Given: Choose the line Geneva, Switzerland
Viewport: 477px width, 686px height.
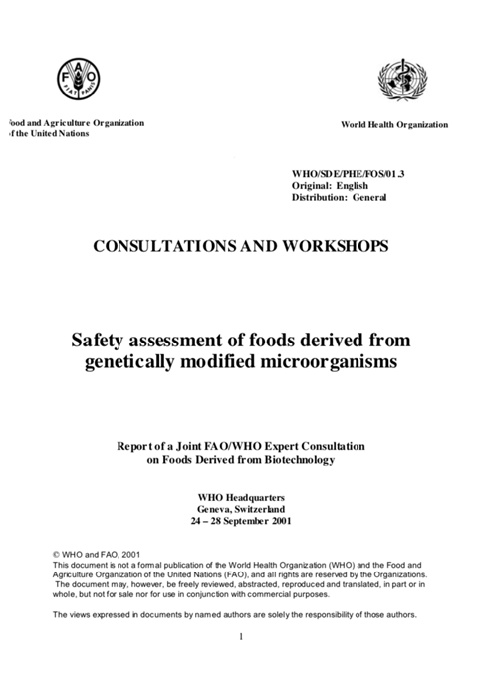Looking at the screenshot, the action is pos(238,509).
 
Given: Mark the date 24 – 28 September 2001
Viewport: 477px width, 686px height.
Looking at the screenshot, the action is pos(238,521).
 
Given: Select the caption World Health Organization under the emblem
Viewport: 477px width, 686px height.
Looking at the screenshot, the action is pos(393,125).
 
